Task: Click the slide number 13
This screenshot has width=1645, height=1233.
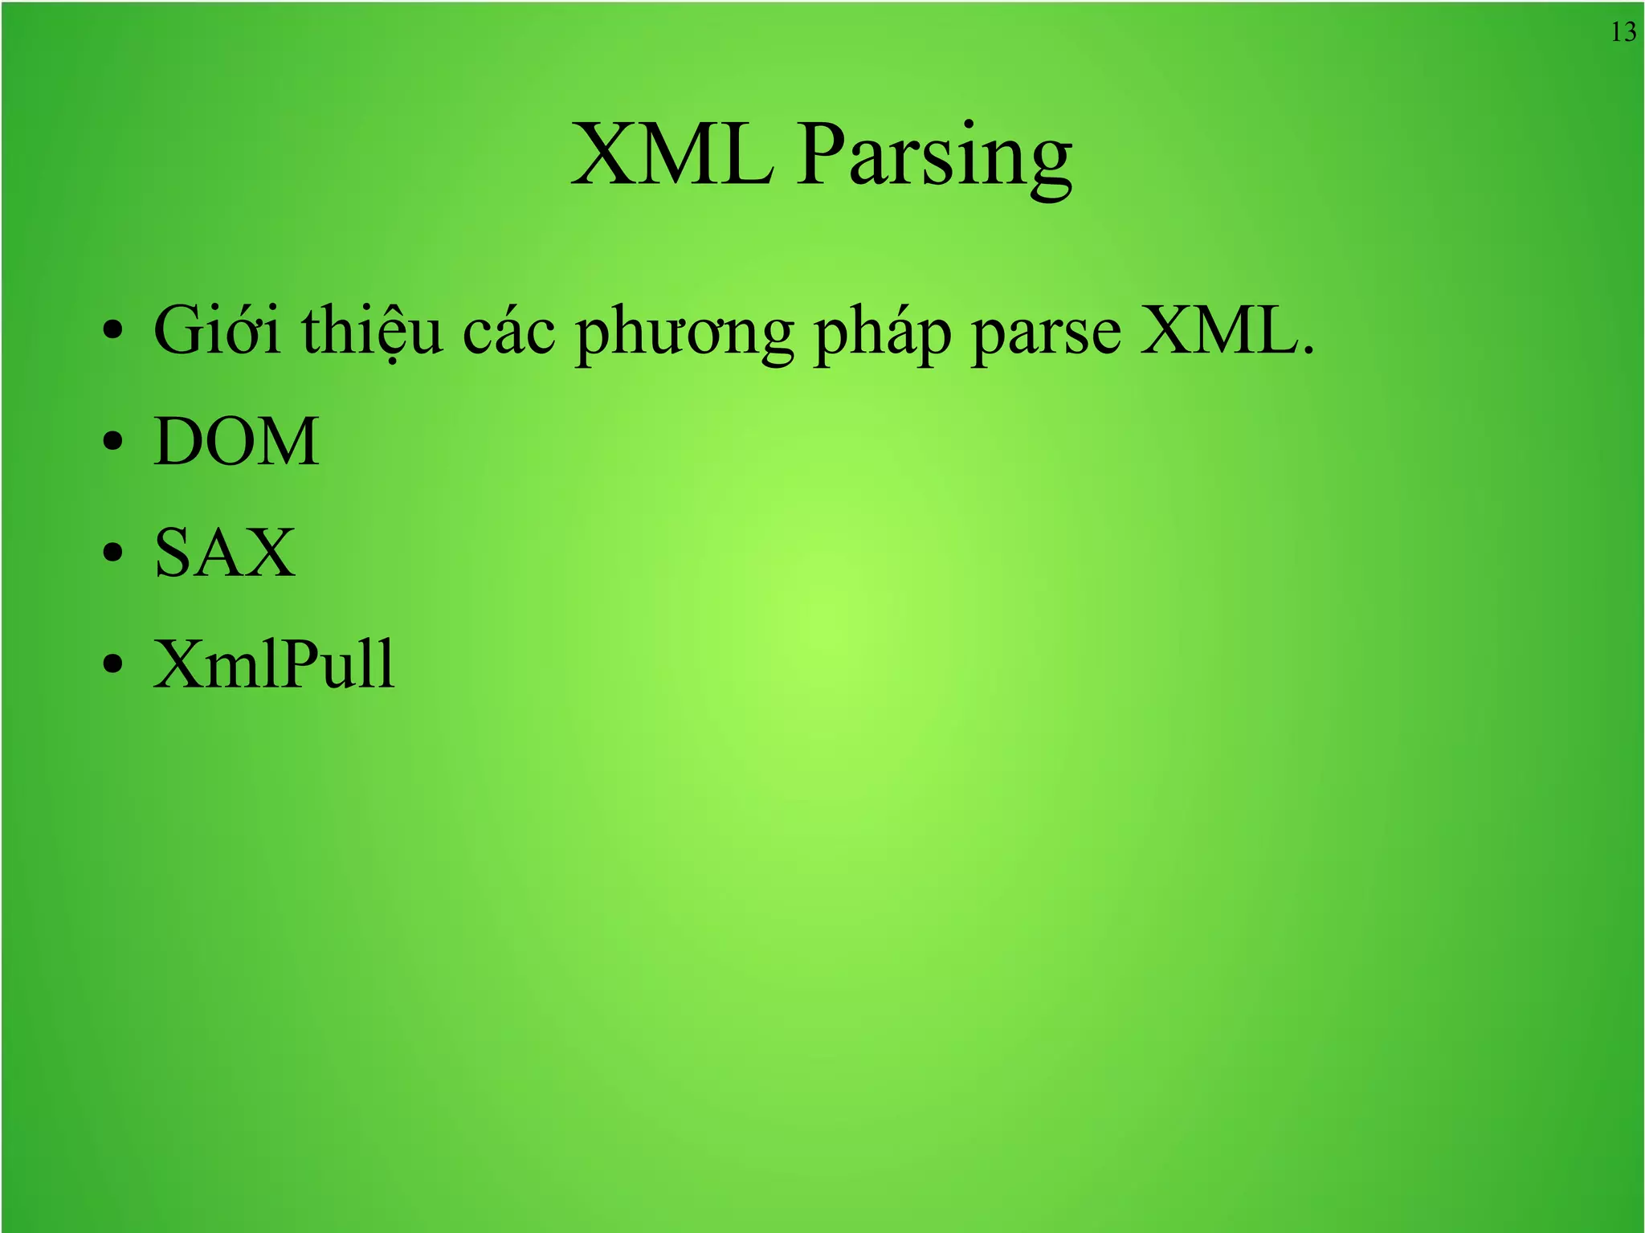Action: point(1623,32)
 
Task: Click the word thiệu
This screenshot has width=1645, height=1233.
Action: point(372,331)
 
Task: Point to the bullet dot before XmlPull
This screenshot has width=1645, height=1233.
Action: point(113,664)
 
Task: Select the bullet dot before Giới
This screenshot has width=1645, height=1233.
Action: point(113,330)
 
